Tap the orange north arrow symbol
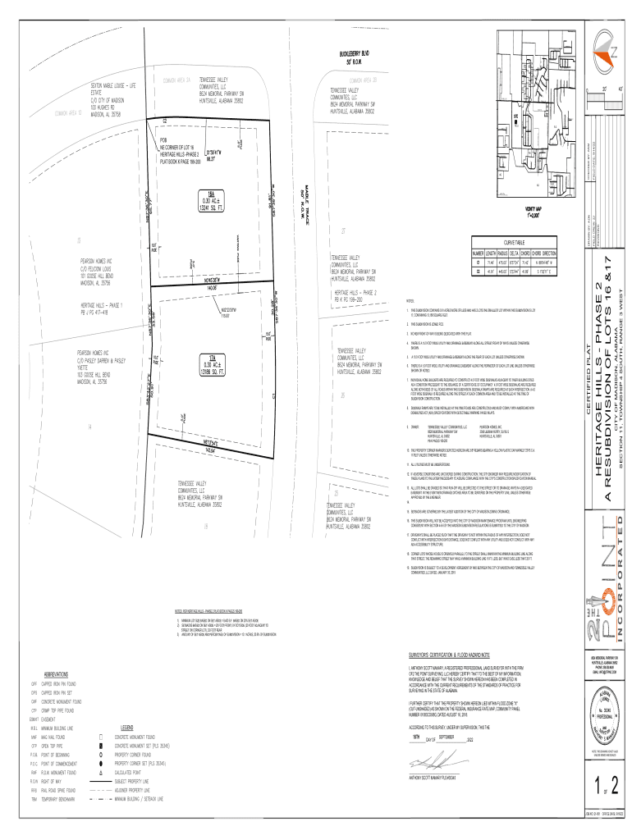point(608,46)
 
